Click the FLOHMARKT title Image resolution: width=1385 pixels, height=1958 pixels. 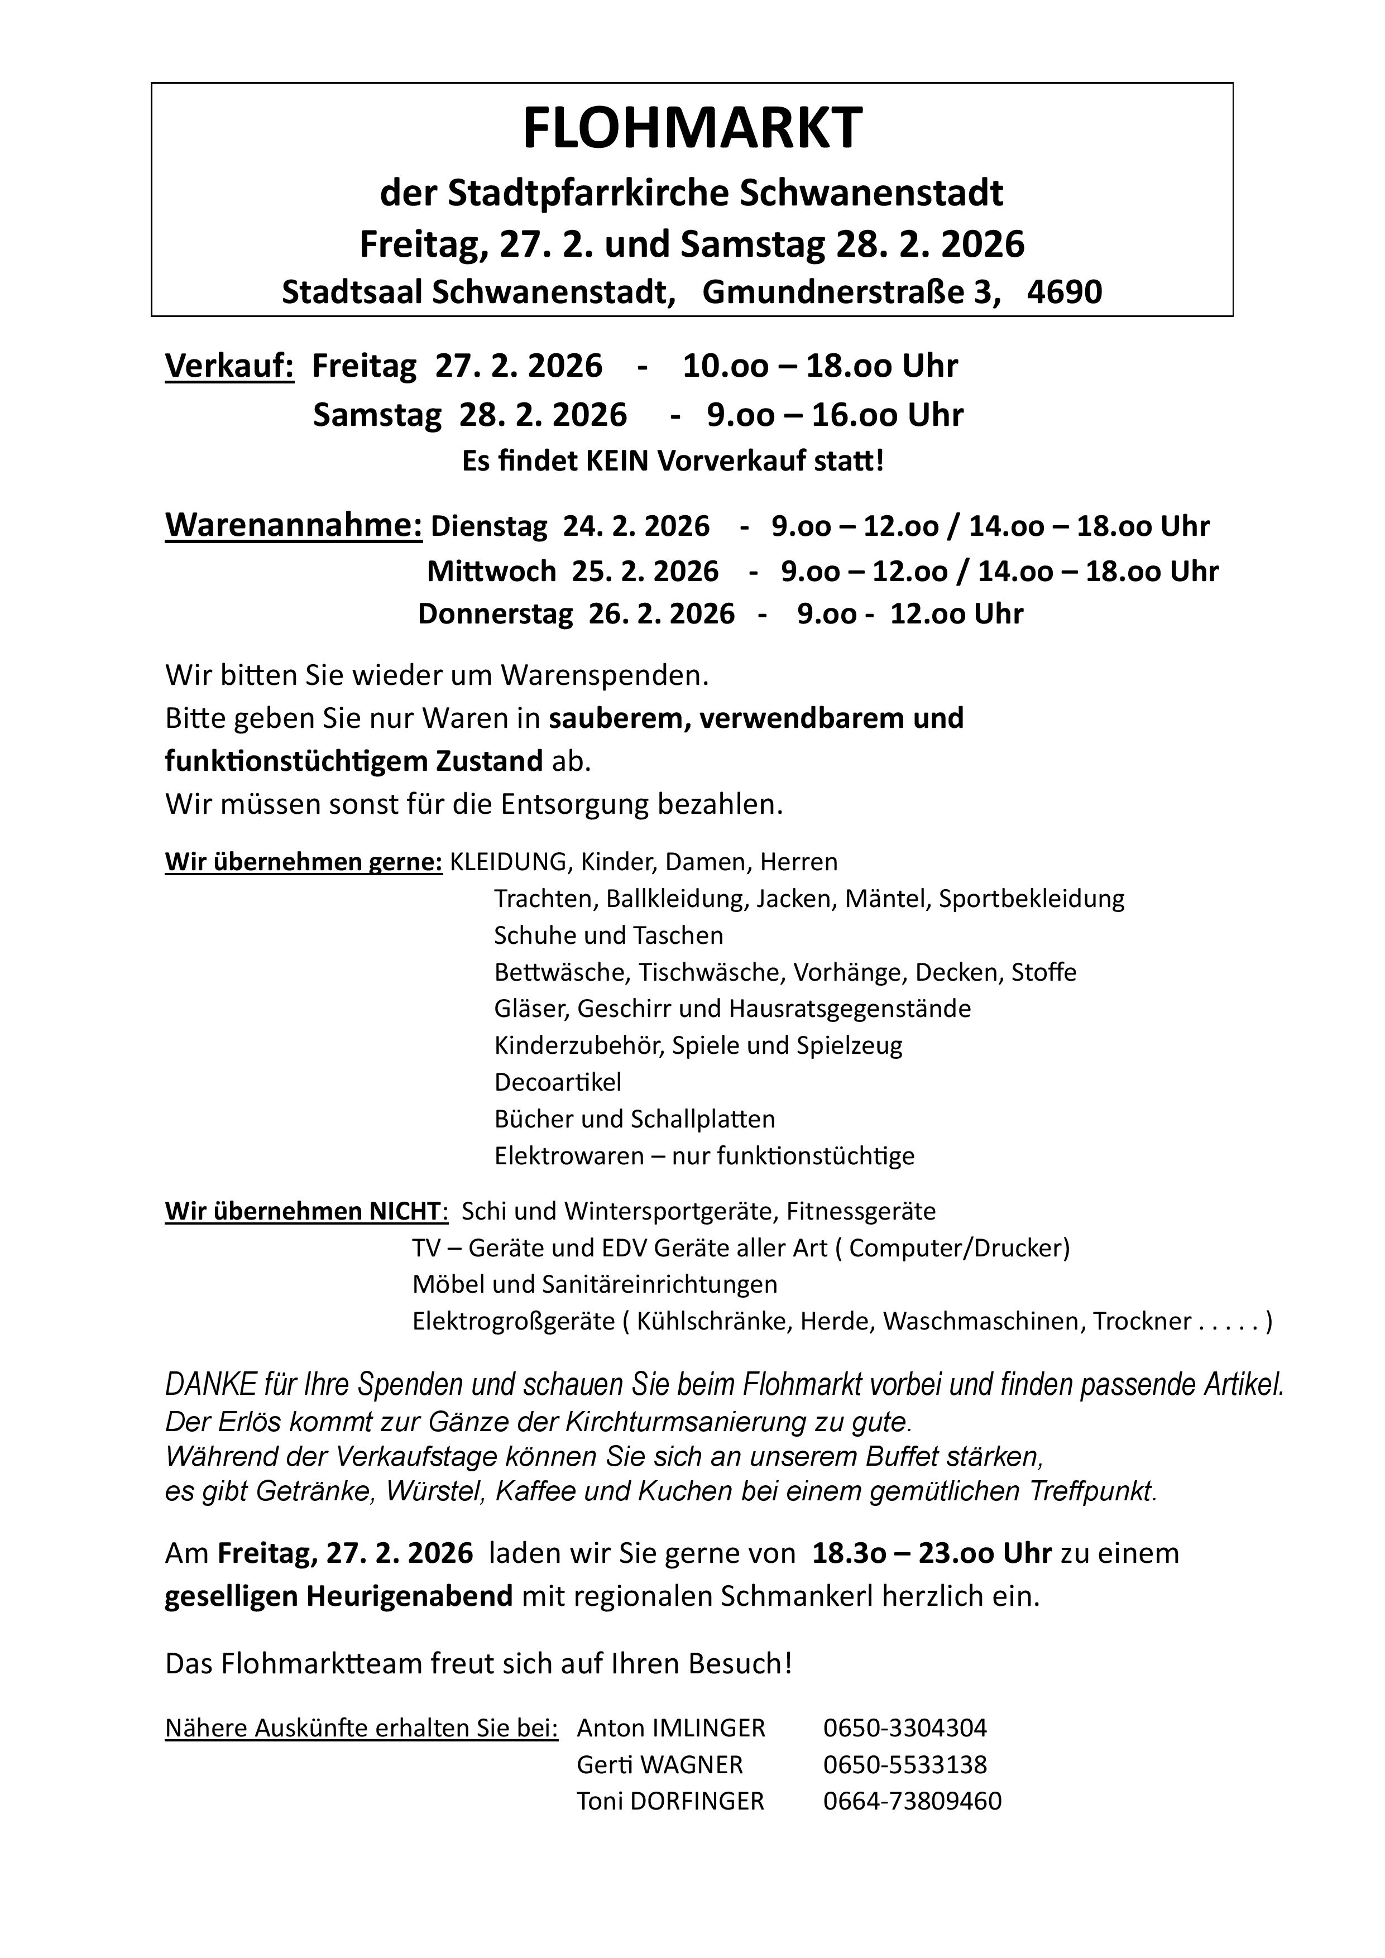click(692, 129)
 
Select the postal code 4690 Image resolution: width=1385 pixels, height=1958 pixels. click(1065, 292)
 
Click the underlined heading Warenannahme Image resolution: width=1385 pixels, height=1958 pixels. click(294, 525)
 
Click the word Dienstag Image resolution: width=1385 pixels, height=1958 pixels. click(488, 527)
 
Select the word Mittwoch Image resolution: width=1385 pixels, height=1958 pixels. click(491, 572)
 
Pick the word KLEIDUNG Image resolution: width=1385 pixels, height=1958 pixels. click(509, 862)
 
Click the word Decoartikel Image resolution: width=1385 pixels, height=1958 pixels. click(558, 1082)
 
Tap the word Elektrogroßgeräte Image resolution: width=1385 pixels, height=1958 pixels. click(514, 1322)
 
